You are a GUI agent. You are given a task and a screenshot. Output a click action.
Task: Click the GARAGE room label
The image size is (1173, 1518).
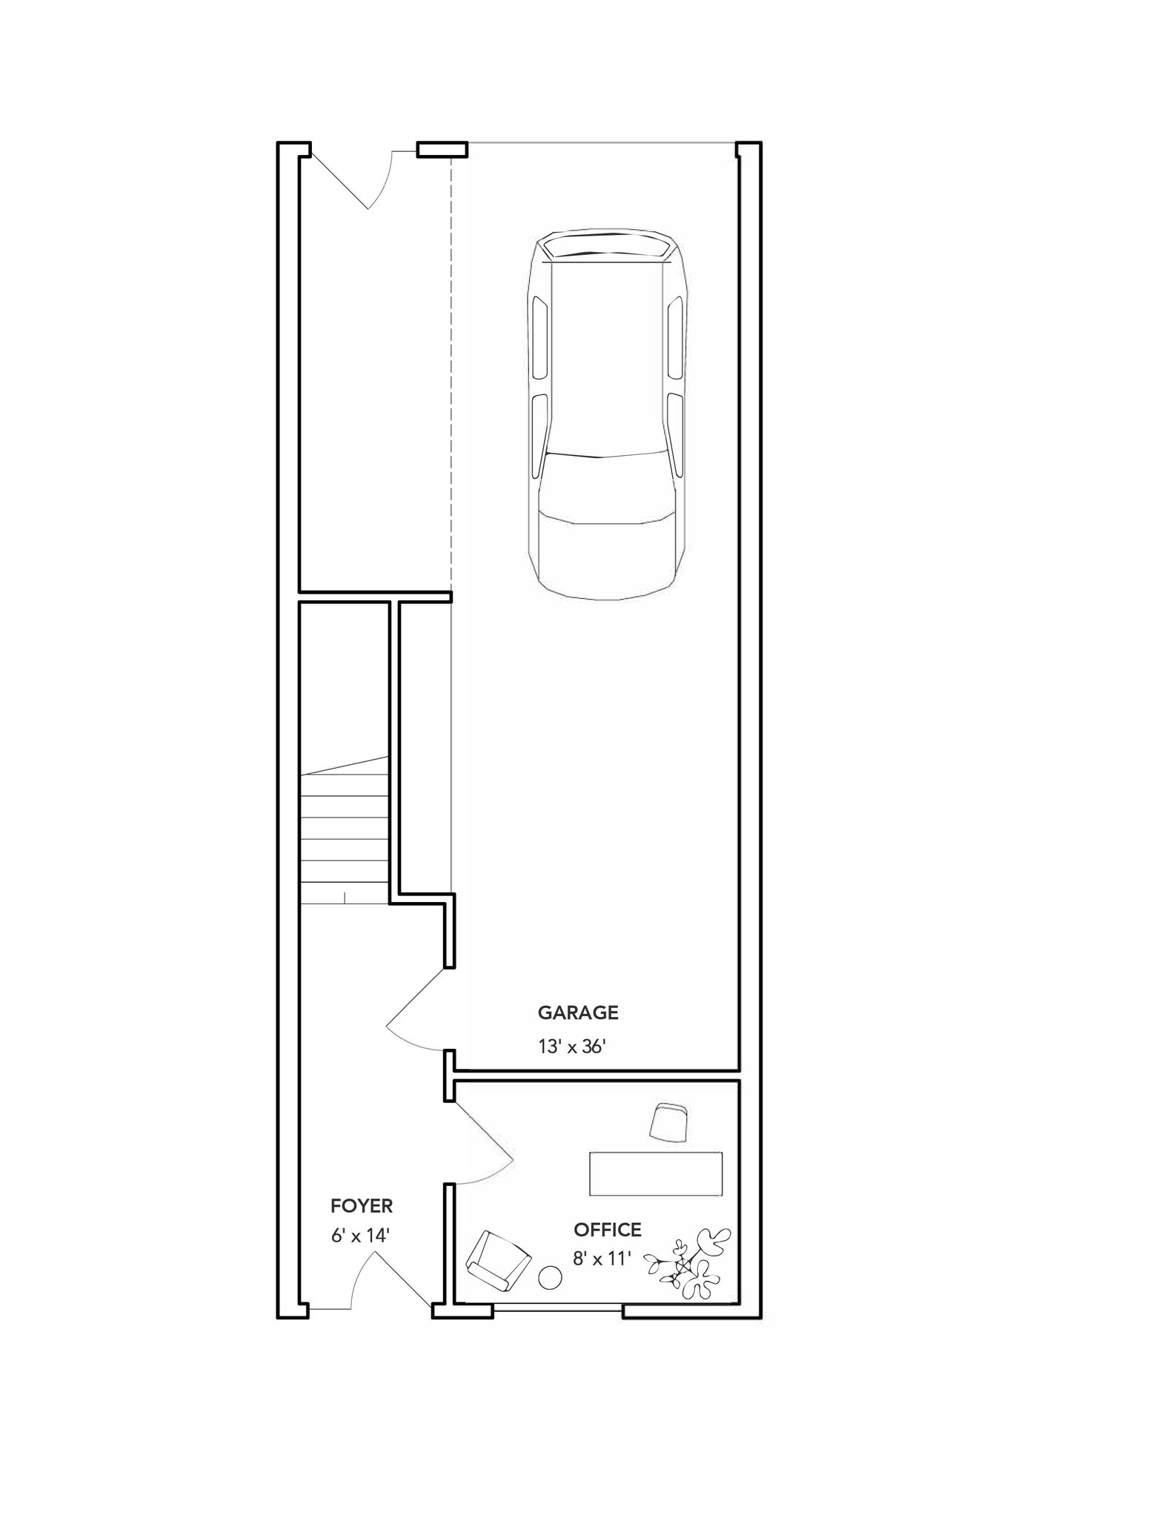tap(578, 1012)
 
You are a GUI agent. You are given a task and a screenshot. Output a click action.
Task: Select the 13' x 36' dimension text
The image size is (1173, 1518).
tap(573, 1047)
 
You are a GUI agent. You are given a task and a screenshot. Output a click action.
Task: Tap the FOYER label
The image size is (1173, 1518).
tap(362, 1206)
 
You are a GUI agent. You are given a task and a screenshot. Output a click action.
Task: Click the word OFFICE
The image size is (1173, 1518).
tap(608, 1230)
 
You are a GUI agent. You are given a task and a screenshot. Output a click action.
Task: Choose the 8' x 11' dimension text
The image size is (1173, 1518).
tap(601, 1258)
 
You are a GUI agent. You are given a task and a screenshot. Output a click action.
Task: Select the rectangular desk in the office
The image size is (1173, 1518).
tap(656, 1173)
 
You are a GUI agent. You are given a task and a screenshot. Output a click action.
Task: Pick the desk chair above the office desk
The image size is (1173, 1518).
tap(669, 1122)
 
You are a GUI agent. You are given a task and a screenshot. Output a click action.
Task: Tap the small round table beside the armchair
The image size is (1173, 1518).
tap(549, 1277)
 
